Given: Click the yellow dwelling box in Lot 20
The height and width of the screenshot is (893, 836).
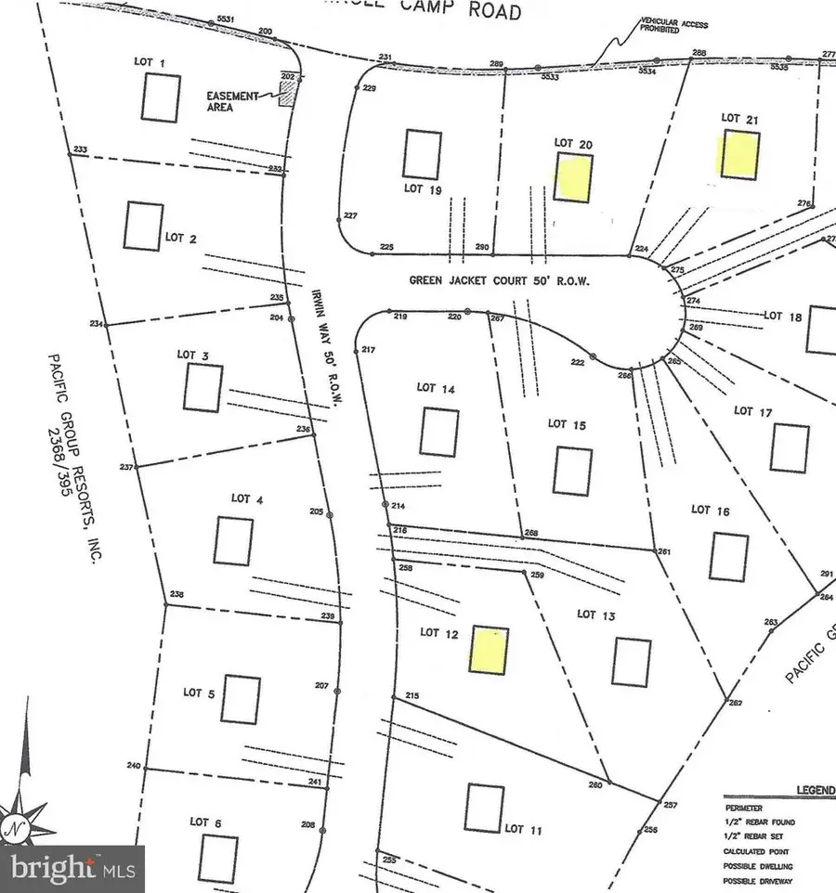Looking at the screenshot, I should [x=573, y=177].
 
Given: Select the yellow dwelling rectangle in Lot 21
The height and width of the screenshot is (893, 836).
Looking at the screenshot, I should [x=741, y=154].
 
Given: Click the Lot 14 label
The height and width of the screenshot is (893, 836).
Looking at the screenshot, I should [x=436, y=388].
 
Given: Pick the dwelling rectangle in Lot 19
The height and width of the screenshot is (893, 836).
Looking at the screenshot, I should [x=422, y=154].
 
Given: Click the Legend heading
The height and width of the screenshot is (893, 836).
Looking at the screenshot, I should [x=815, y=790].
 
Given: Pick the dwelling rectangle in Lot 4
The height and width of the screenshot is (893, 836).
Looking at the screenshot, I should [x=232, y=540].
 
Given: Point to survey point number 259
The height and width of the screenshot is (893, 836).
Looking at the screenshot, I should [x=536, y=576].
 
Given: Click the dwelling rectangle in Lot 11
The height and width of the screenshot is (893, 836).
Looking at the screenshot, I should [x=484, y=808].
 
